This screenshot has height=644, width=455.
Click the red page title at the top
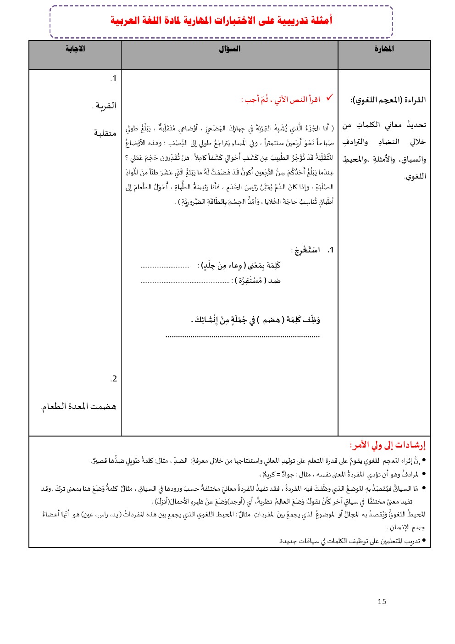(221, 21)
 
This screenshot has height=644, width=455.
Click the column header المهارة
(384, 49)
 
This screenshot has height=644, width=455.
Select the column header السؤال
(229, 49)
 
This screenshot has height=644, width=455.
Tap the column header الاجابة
(75, 49)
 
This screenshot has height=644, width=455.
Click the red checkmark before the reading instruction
(329, 98)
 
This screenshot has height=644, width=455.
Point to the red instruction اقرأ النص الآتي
(281, 100)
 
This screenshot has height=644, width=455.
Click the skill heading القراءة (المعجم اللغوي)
(388, 100)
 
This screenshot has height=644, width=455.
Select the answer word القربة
(105, 106)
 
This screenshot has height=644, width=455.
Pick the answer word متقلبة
(105, 134)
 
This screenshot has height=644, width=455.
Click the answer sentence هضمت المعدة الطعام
(78, 407)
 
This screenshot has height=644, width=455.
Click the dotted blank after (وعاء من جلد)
(165, 266)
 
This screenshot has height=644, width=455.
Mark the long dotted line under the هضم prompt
(242, 336)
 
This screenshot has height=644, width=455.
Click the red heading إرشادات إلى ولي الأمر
(388, 445)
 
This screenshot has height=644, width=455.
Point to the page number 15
(382, 602)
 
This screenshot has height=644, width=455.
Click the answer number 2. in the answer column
(113, 379)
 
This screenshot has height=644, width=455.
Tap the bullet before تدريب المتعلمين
(424, 541)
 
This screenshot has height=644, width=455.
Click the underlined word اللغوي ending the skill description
(416, 177)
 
